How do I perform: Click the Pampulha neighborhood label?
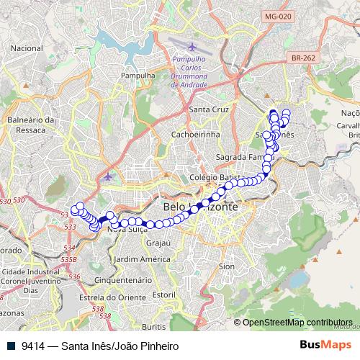click(x=138, y=74)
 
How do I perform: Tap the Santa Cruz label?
click(x=208, y=109)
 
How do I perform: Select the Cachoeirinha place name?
click(x=195, y=134)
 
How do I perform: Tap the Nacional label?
click(x=27, y=48)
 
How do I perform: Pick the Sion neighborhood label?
click(x=227, y=266)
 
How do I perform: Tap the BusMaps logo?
click(x=325, y=345)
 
